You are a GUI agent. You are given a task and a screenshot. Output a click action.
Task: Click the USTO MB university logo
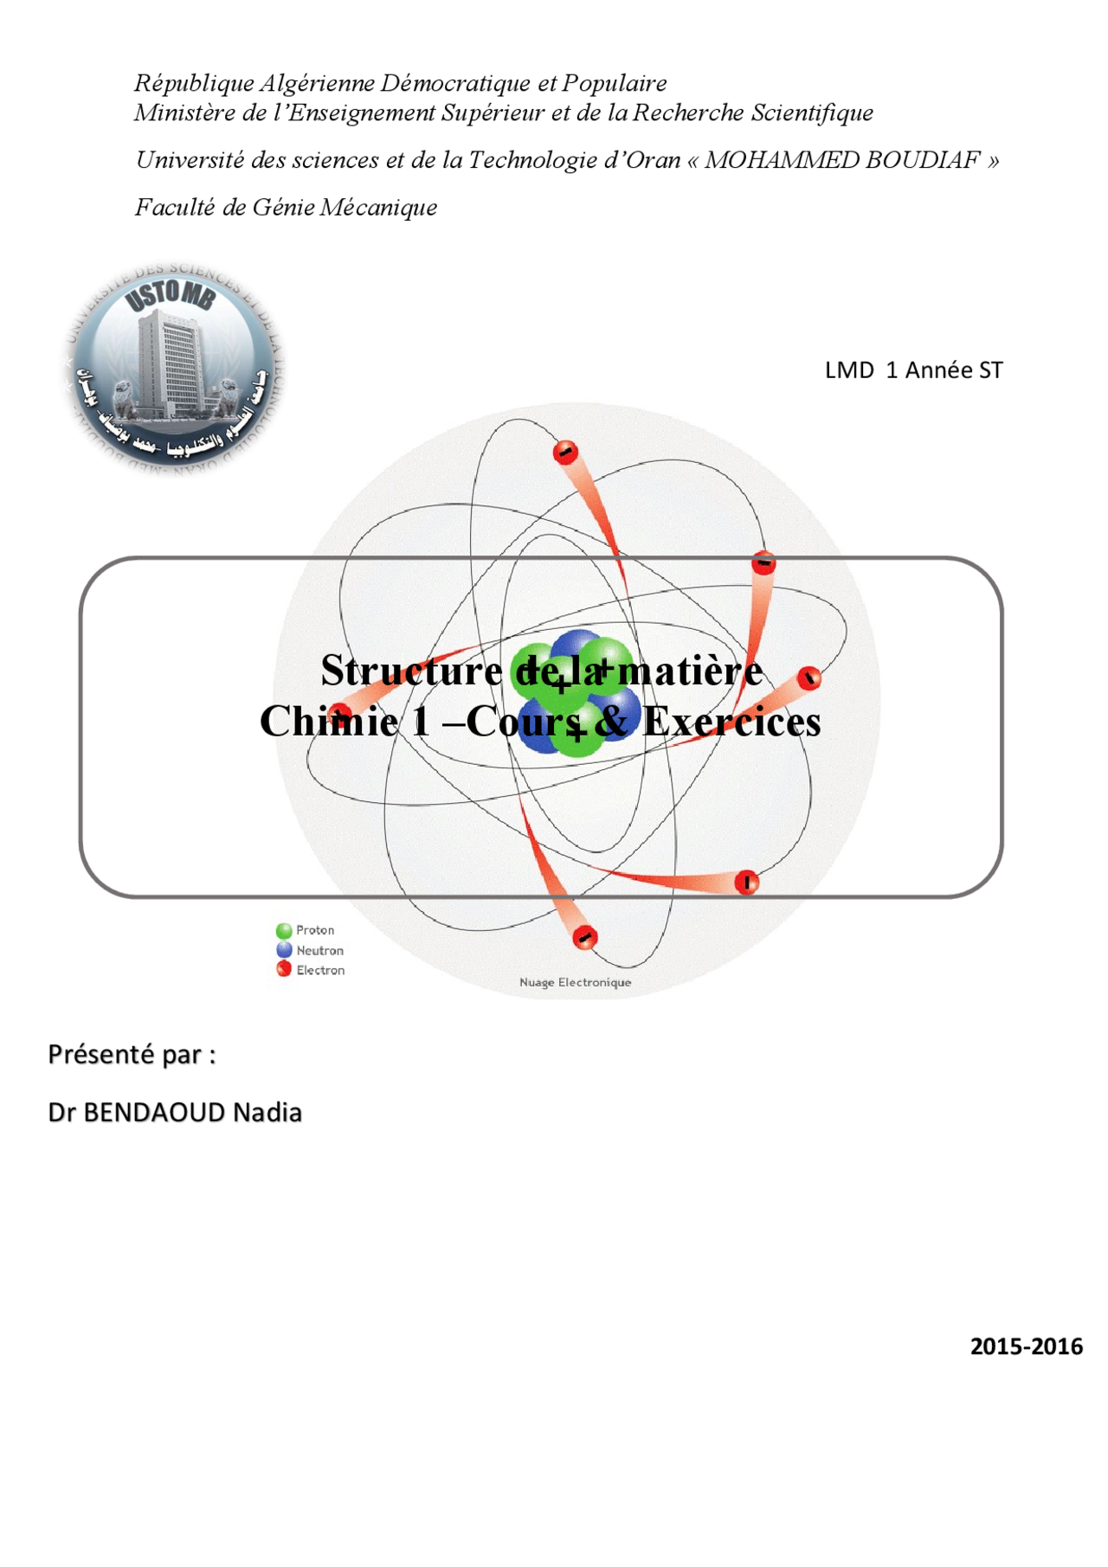coord(176,367)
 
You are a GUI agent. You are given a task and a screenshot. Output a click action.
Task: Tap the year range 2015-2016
coord(1026,1346)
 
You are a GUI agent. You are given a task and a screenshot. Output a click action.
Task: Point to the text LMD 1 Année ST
coord(913,370)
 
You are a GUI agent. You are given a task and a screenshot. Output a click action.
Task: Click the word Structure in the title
coord(411,671)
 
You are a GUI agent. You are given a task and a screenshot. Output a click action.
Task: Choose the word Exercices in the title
coord(731,722)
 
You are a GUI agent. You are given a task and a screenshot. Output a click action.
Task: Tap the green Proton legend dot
coord(284,931)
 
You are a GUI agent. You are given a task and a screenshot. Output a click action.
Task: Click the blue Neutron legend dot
coord(284,950)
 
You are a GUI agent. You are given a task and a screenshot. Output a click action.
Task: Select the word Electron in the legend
coord(320,971)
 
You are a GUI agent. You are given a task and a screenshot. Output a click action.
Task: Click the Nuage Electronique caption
coord(575,982)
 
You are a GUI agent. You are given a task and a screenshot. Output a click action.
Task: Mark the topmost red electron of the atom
coord(565,452)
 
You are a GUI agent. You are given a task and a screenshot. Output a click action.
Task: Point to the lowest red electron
coord(585,937)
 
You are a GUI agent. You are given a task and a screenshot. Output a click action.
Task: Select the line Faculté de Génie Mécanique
coord(286,208)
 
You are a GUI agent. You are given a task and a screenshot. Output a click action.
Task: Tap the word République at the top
coord(194,83)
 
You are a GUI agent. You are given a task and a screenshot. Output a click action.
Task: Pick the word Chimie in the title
coord(329,722)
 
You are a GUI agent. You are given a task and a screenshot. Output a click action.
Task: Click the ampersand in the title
coord(611,722)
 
